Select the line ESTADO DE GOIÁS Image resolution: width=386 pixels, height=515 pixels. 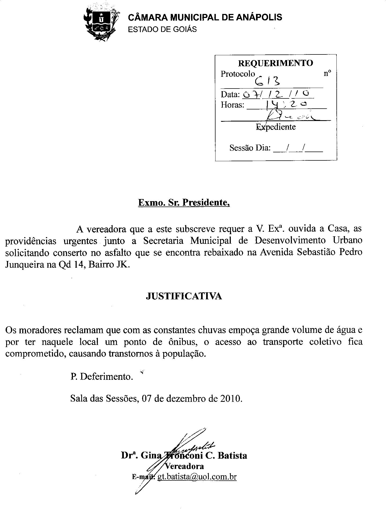pyautogui.click(x=162, y=29)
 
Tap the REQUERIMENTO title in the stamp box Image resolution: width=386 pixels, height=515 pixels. pyautogui.click(x=276, y=63)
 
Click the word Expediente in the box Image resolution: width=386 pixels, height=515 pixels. pyautogui.click(x=276, y=127)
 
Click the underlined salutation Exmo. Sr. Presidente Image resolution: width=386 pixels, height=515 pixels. pyautogui.click(x=184, y=203)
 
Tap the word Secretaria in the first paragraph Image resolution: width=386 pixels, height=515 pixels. pyautogui.click(x=164, y=241)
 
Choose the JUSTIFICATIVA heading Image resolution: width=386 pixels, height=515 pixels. pyautogui.click(x=184, y=296)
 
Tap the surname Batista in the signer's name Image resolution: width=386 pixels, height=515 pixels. pyautogui.click(x=232, y=455)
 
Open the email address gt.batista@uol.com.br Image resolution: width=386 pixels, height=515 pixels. pyautogui.click(x=197, y=477)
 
